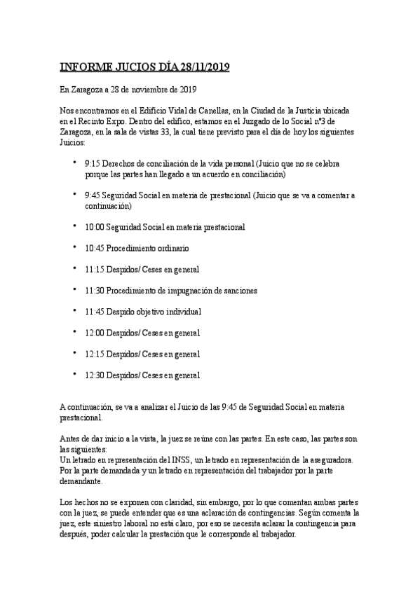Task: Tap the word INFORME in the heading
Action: click(86, 67)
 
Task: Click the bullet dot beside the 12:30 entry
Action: click(75, 374)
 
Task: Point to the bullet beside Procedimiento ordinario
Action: click(75, 247)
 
